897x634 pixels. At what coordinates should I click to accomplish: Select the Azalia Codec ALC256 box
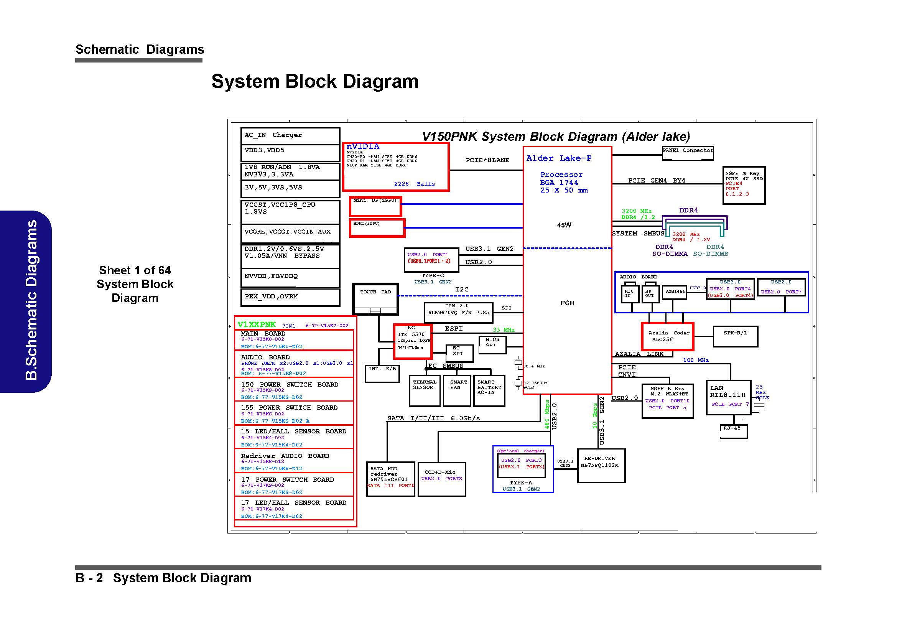coord(667,336)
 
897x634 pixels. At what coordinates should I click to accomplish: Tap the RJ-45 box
coord(733,431)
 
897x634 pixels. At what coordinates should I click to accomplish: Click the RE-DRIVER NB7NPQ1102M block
coord(601,466)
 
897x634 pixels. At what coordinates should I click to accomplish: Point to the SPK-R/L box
coord(735,336)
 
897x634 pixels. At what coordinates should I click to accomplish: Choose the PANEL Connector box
coord(688,153)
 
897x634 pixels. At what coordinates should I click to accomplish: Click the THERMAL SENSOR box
coord(424,390)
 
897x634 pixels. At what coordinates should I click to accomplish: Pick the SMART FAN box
coord(457,390)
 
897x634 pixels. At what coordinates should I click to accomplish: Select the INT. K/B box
coord(382,374)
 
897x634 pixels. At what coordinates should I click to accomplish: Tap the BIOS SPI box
coord(492,344)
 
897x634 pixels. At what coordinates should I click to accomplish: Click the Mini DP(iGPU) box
coord(375,206)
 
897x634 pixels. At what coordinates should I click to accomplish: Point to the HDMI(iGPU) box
coord(377,228)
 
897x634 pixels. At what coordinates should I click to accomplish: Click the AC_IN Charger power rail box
coord(290,135)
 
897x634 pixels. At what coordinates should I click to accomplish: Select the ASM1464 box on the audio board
coord(675,292)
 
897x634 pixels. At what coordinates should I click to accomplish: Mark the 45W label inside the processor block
coord(564,225)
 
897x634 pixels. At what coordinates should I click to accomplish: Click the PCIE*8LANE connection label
coord(487,160)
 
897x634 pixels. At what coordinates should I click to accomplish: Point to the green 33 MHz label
coord(504,330)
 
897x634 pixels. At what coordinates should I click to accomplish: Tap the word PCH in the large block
coord(567,303)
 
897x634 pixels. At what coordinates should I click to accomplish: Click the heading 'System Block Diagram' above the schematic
coord(315,81)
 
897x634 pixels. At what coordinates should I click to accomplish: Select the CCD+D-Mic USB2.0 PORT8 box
coord(441,479)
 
